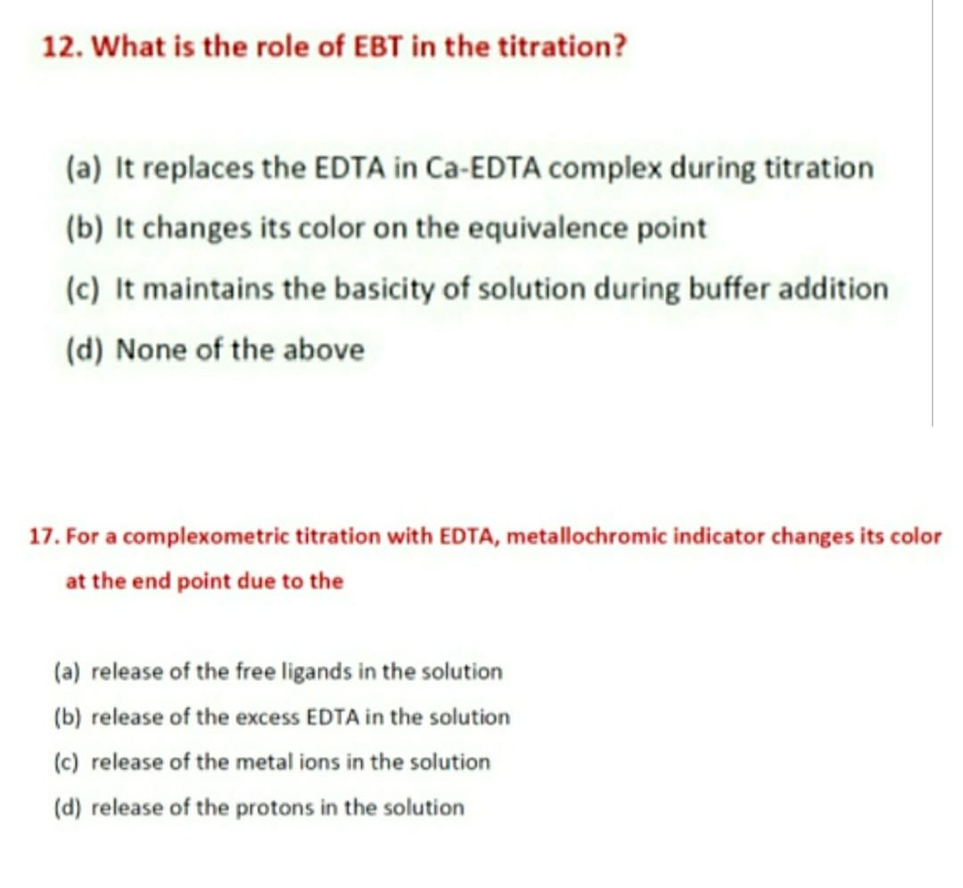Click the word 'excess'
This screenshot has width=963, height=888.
(x=267, y=718)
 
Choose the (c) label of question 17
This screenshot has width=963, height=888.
(x=66, y=763)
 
